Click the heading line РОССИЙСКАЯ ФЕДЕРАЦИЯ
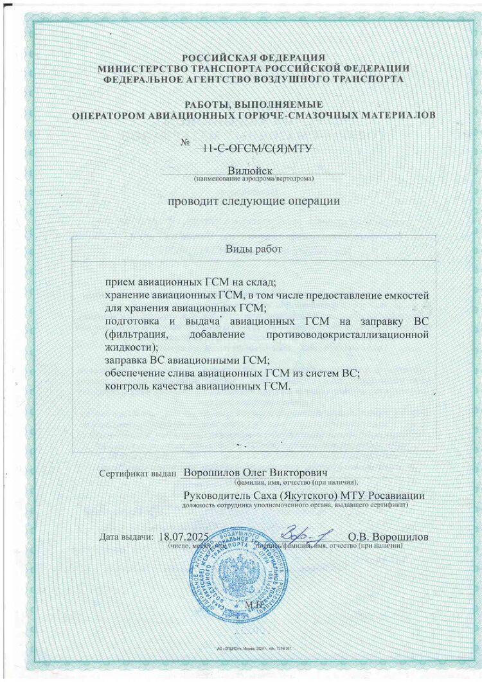pos(253,57)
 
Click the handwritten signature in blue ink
pos(305,534)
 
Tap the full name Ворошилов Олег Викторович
pos(256,472)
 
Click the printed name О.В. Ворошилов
pos(388,536)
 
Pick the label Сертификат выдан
pos(138,474)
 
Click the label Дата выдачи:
pos(127,536)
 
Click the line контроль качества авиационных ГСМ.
pos(198,386)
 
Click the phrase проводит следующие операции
pos(253,201)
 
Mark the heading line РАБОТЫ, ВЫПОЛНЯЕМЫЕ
pos(253,104)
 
